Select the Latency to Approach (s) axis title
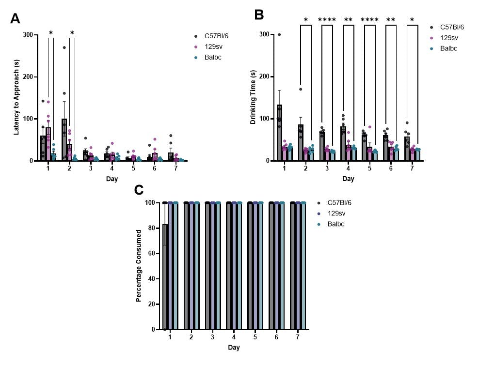(x=16, y=97)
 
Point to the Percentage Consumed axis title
(x=139, y=266)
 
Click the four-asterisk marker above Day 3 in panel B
(x=327, y=20)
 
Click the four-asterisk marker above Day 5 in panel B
(x=369, y=20)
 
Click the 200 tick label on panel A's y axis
(x=29, y=77)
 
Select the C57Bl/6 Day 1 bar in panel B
(x=280, y=133)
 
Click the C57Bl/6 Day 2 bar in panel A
(x=64, y=140)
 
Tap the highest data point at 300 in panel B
(x=279, y=35)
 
